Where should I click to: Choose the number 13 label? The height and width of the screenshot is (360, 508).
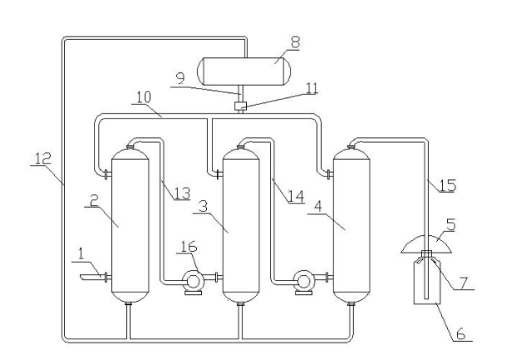tap(178, 194)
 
